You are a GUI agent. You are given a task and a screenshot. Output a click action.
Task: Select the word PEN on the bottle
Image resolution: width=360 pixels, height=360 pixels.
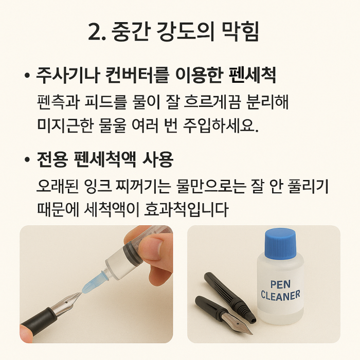pos(281,284)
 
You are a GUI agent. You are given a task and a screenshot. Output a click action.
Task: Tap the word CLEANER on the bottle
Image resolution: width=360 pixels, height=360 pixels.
pos(280,296)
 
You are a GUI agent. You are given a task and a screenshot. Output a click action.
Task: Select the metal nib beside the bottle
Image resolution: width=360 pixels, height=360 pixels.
pos(241,324)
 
